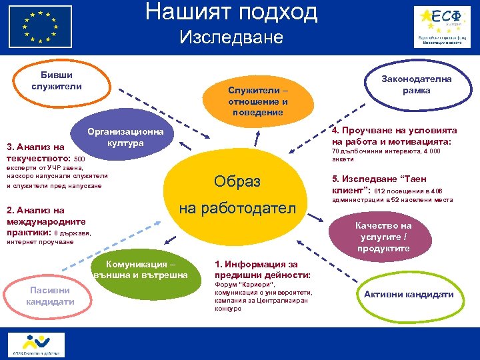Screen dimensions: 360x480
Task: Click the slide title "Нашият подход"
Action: tap(231, 12)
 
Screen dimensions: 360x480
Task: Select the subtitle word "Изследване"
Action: tap(231, 37)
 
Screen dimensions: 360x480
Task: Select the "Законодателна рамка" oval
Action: tap(416, 85)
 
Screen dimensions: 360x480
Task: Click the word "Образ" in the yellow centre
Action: tap(237, 181)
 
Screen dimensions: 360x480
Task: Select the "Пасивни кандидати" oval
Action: tap(50, 295)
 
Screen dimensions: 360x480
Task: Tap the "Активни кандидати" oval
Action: tap(409, 294)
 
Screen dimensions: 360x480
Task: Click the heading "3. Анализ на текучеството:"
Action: tap(37, 153)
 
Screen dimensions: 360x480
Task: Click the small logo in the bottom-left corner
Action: tap(37, 343)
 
